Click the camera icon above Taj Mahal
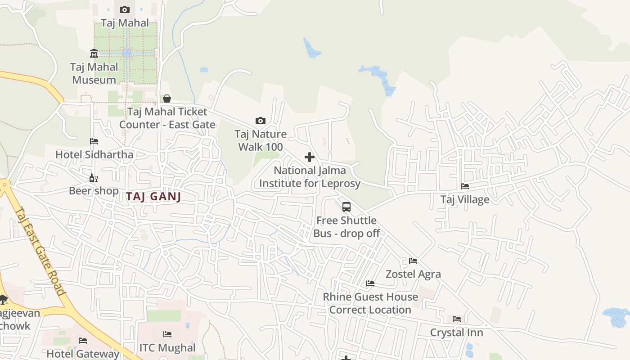coord(125,9)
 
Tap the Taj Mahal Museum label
coord(94,73)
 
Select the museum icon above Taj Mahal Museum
coord(94,54)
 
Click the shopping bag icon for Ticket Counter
coord(167,98)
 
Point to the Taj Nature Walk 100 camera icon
coord(260,121)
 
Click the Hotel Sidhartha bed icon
coord(94,141)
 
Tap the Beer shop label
coord(94,191)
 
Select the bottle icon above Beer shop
coord(94,178)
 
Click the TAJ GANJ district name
coord(153,197)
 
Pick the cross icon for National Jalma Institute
coord(310,157)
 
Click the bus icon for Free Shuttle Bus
coord(346,207)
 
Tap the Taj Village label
coord(464,199)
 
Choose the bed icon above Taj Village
coord(465,186)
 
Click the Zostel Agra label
coord(413,274)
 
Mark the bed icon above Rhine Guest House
coord(370,283)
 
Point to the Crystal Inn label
coord(456,333)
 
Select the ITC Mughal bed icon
coord(167,334)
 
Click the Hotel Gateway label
coord(83,354)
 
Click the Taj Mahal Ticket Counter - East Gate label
coord(167,118)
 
